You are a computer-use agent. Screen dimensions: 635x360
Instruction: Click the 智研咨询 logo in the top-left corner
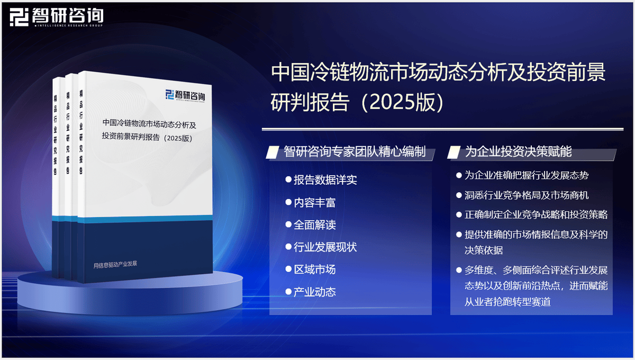(57, 17)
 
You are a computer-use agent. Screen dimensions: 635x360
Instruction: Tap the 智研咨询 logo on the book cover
(185, 95)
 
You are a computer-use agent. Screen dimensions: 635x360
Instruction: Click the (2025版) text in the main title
(403, 102)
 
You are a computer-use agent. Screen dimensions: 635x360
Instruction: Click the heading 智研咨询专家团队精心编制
(355, 151)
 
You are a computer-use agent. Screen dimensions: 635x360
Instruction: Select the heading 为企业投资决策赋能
(518, 151)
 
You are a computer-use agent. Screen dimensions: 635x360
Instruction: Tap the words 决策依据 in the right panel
(484, 250)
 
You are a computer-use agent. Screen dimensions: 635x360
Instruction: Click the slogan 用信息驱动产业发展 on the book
(115, 265)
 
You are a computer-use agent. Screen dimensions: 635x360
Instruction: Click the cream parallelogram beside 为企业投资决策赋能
(454, 152)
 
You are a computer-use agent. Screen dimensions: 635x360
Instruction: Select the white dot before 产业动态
(288, 292)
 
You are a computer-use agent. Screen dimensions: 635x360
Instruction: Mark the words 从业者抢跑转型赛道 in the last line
(507, 302)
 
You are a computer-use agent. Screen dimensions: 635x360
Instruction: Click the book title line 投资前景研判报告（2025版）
(147, 137)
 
